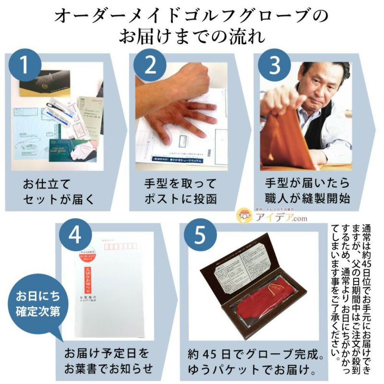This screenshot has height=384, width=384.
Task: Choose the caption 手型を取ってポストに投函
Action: pos(180,191)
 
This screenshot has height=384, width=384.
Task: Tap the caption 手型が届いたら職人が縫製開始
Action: pos(307,191)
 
